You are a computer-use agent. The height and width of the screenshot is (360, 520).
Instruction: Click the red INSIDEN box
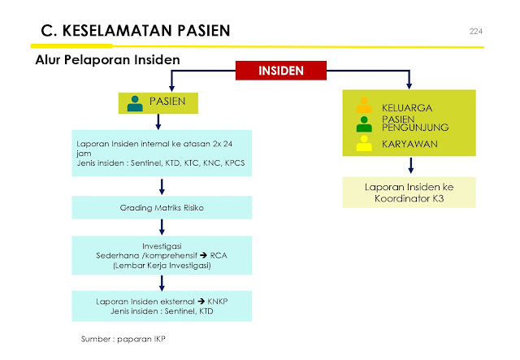pyautogui.click(x=280, y=71)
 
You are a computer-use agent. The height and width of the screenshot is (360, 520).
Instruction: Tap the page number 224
pyautogui.click(x=477, y=31)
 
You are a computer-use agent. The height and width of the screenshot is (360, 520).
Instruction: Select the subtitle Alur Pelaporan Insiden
pyautogui.click(x=107, y=61)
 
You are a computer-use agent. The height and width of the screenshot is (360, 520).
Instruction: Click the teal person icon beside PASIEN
pyautogui.click(x=135, y=102)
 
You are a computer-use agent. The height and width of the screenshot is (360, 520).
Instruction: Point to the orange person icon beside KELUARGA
pyautogui.click(x=364, y=107)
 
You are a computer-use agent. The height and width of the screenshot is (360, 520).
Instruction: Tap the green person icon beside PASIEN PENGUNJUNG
pyautogui.click(x=364, y=124)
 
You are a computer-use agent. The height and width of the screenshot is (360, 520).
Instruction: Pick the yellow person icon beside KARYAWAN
pyautogui.click(x=364, y=144)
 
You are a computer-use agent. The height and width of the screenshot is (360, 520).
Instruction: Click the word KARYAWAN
pyautogui.click(x=409, y=144)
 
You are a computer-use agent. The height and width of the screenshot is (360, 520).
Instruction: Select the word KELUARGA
pyautogui.click(x=407, y=107)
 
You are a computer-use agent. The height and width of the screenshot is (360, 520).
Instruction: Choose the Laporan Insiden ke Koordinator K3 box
pyautogui.click(x=409, y=193)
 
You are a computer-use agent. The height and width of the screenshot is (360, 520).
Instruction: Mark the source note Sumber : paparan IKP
pyautogui.click(x=122, y=336)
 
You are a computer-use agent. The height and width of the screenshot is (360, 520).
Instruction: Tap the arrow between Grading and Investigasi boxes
pyautogui.click(x=162, y=228)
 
